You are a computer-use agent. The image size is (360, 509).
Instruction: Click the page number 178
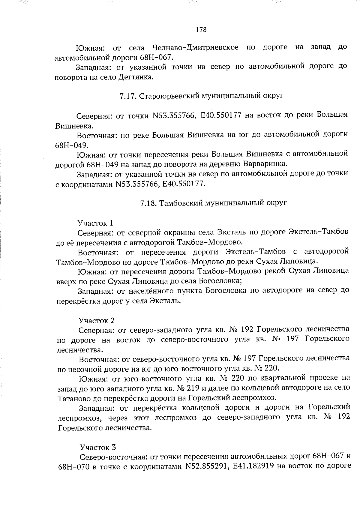(201, 30)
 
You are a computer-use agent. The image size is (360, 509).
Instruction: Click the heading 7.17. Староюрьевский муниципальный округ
(201, 96)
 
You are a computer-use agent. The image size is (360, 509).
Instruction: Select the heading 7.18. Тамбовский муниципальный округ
(213, 203)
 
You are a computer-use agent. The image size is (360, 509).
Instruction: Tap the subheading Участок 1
(95, 223)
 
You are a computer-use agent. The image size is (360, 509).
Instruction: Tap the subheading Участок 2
(96, 321)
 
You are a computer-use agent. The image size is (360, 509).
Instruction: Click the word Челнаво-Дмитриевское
(196, 47)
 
